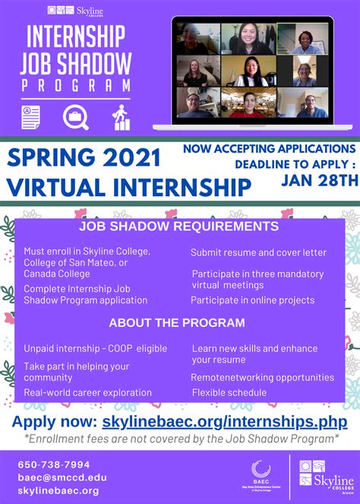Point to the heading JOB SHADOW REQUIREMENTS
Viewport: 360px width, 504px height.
(179, 227)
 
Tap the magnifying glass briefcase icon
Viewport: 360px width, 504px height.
(76, 117)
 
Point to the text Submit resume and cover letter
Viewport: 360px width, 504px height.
(258, 252)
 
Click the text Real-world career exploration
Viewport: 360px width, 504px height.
(87, 392)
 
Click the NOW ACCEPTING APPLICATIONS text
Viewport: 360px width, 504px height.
(268, 149)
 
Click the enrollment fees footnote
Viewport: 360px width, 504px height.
(180, 439)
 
